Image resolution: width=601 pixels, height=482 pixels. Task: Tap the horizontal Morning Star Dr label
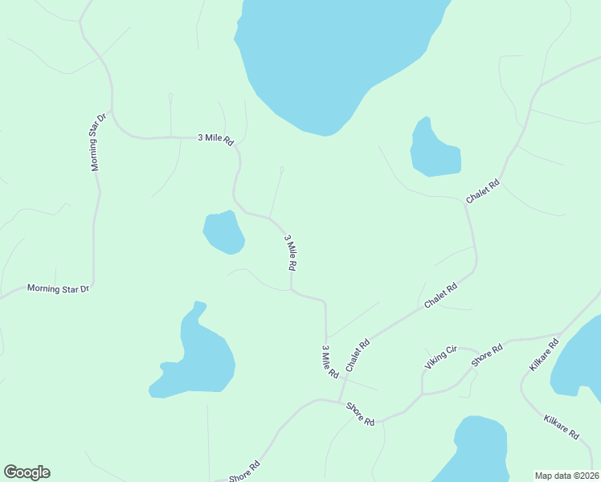click(x=58, y=288)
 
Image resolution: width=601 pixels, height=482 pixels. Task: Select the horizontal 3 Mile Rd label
click(x=215, y=138)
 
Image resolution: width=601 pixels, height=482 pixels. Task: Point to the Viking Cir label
click(x=440, y=357)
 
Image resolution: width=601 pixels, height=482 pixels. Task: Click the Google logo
click(x=27, y=472)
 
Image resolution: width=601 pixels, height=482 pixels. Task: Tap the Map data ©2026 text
click(x=567, y=475)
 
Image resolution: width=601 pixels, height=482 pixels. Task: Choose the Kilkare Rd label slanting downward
click(x=561, y=427)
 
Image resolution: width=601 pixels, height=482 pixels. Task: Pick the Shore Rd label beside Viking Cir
click(x=487, y=355)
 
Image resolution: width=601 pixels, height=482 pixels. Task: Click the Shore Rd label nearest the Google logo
click(x=244, y=472)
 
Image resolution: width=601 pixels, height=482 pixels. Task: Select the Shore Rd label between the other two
click(x=361, y=414)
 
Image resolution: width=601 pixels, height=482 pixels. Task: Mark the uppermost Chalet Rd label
click(x=483, y=190)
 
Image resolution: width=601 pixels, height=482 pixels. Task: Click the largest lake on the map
click(x=337, y=56)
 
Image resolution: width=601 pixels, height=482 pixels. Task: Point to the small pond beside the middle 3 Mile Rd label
click(x=223, y=231)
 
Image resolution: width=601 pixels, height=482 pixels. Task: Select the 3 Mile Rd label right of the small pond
click(x=292, y=252)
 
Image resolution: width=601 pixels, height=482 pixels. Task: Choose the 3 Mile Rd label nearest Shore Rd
click(x=329, y=361)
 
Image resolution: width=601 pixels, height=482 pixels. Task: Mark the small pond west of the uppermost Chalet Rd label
click(x=434, y=150)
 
